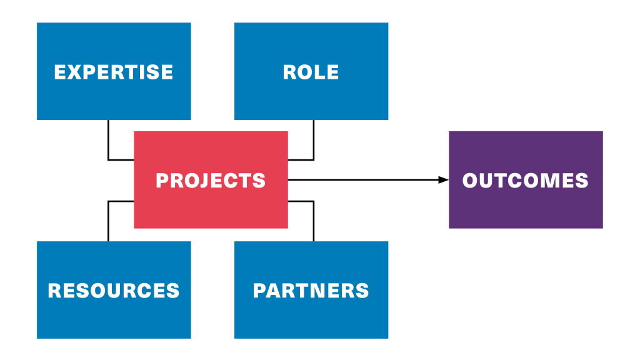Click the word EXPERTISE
pos(114,72)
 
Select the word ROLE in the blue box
pos(311,72)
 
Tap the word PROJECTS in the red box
pos(211,181)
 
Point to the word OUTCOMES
pos(525,181)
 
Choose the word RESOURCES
pos(114,291)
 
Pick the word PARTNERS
pos(311,291)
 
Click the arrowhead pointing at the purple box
pos(443,180)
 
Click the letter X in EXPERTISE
pos(76,72)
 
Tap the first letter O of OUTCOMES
pos(471,181)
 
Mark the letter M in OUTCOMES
pos(546,181)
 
